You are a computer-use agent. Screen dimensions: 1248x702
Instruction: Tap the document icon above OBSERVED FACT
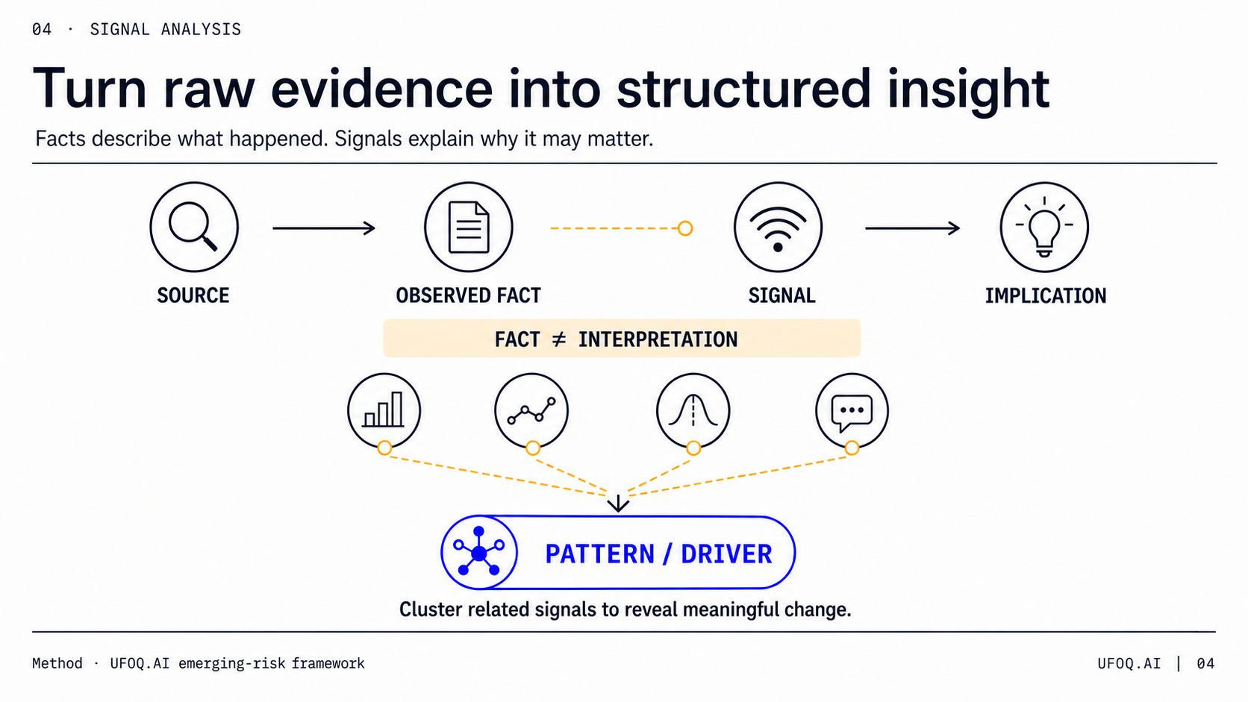pyautogui.click(x=469, y=227)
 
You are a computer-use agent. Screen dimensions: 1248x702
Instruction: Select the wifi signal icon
pyautogui.click(x=778, y=228)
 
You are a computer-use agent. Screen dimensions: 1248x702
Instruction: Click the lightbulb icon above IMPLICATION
pyautogui.click(x=1044, y=227)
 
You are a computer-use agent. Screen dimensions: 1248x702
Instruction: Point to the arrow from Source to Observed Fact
pyautogui.click(x=324, y=228)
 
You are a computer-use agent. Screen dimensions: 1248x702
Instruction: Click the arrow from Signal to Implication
pyautogui.click(x=912, y=228)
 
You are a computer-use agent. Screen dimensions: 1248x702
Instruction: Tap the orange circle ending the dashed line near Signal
pyautogui.click(x=685, y=228)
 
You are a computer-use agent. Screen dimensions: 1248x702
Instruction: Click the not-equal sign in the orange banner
pyautogui.click(x=559, y=339)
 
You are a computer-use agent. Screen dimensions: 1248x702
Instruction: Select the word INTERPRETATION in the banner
pyautogui.click(x=658, y=339)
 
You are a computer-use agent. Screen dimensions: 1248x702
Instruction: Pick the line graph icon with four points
pyautogui.click(x=531, y=411)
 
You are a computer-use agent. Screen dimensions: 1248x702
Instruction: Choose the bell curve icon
pyautogui.click(x=693, y=410)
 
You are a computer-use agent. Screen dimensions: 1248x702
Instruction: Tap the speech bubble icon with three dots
pyautogui.click(x=852, y=413)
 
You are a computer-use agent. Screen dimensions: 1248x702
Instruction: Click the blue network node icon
pyautogui.click(x=479, y=552)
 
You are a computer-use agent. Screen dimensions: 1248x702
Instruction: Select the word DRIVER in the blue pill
pyautogui.click(x=726, y=554)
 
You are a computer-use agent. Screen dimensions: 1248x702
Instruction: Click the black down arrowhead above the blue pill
pyautogui.click(x=618, y=504)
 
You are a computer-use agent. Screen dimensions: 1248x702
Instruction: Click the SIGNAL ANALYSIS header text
pyautogui.click(x=166, y=30)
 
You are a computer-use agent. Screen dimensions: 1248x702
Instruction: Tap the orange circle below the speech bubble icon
pyautogui.click(x=852, y=448)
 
